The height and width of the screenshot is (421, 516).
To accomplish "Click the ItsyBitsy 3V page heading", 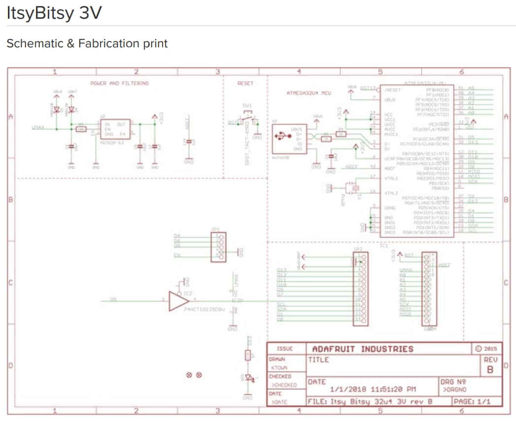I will pos(54,13).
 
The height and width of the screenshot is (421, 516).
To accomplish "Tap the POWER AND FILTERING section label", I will pos(119,83).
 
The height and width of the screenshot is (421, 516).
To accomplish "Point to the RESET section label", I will pos(245,83).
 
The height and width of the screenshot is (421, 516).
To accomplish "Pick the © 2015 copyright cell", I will pos(486,349).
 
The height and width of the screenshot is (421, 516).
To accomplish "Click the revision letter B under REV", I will pos(489,369).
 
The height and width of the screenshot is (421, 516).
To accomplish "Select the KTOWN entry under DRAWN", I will pos(279,368).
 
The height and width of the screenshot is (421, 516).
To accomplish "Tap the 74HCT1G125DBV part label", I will pos(205,309).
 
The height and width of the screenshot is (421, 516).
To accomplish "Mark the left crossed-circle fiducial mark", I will pos(189,375).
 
